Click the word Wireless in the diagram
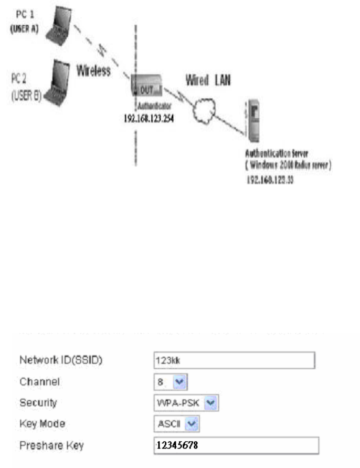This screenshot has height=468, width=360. coord(94,71)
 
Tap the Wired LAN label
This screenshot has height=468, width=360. coord(208,80)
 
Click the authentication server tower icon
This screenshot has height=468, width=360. coord(252,121)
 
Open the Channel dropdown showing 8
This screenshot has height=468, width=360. coord(170,382)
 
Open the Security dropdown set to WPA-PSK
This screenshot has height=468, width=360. coord(185,403)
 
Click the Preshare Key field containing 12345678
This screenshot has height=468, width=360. coord(236,445)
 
